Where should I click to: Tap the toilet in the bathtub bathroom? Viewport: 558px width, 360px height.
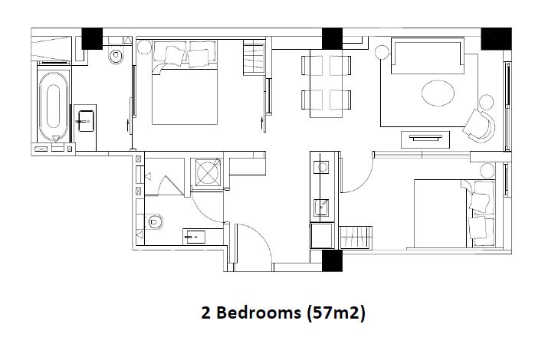coord(116,54)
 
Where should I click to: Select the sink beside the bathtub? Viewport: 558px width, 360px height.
coord(85,119)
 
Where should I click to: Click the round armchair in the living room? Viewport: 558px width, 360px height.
coord(483,121)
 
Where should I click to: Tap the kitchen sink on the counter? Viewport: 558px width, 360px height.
coord(322,205)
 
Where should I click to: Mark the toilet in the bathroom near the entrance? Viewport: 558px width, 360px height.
coord(155,222)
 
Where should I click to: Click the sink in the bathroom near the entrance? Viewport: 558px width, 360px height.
coord(192,237)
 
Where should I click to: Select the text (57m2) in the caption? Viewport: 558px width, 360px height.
coord(334,313)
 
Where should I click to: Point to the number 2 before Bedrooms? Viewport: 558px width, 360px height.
coord(205,313)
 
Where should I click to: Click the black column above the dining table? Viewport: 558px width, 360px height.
coord(331,38)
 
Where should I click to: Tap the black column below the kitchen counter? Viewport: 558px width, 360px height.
coord(331,261)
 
